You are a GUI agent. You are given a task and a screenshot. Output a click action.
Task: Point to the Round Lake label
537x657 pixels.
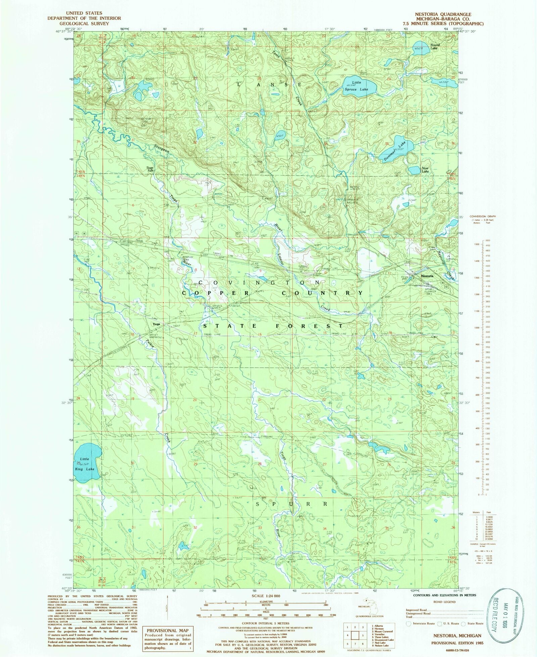click(435, 47)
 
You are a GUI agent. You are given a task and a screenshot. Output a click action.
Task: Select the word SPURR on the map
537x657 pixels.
click(291, 504)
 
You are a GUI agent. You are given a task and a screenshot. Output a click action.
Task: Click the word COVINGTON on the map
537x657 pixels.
click(256, 283)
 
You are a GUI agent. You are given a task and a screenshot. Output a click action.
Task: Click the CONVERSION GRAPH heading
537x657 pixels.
click(482, 217)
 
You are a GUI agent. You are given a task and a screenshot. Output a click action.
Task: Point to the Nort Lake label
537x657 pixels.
click(425, 170)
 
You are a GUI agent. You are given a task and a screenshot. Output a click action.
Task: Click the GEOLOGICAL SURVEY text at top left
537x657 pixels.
click(84, 23)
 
